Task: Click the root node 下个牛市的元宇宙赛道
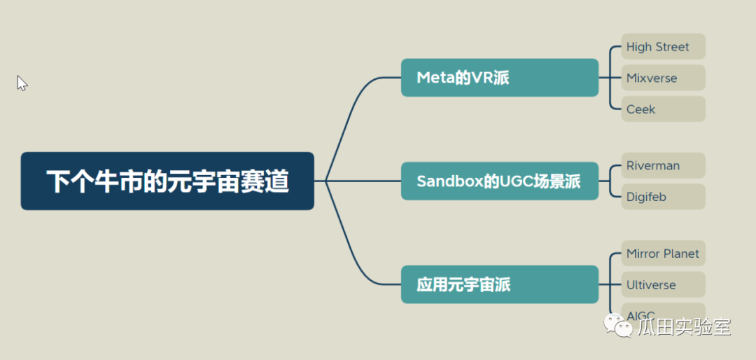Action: (x=167, y=181)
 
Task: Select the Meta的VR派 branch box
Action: (x=499, y=78)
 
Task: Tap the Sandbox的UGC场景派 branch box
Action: (x=499, y=181)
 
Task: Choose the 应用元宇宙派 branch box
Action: (x=499, y=284)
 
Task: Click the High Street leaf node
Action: (x=662, y=47)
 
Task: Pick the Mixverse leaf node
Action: (x=662, y=78)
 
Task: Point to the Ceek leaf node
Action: (x=662, y=109)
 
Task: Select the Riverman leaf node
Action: (x=662, y=166)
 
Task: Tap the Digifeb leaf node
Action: (x=662, y=197)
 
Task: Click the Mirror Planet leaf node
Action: (x=662, y=254)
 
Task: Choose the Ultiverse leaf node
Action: (x=662, y=285)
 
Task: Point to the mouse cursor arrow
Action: (x=22, y=83)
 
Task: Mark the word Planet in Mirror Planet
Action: (x=681, y=254)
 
